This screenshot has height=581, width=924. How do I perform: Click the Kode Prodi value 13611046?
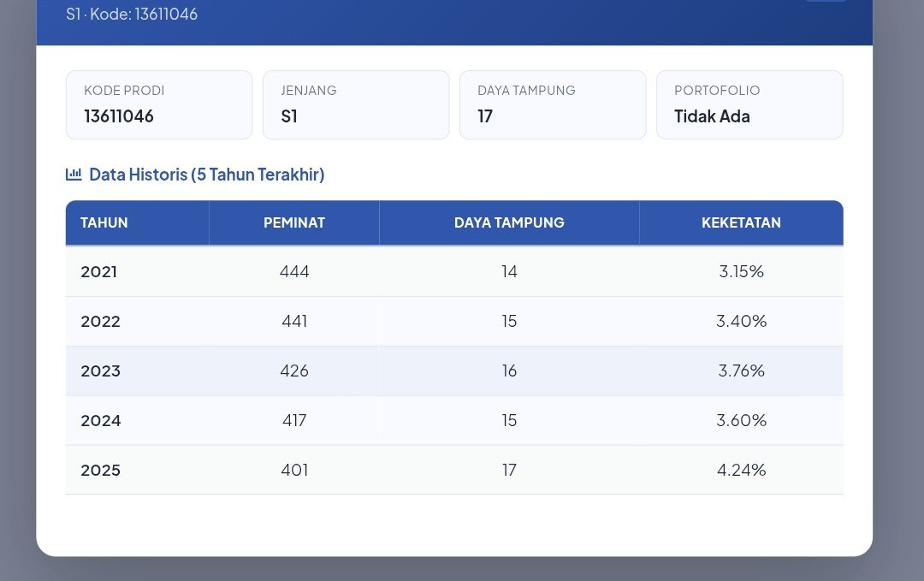(x=118, y=116)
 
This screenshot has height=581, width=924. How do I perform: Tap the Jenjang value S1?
(x=289, y=116)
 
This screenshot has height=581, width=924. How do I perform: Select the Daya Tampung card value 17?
(x=485, y=116)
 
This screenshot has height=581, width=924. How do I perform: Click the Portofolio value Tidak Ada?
(x=712, y=116)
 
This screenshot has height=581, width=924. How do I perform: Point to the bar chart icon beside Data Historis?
(x=74, y=174)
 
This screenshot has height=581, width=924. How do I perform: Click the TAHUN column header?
(x=104, y=222)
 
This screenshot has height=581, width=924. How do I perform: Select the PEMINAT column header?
(x=294, y=222)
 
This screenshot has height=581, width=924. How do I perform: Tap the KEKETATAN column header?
(x=741, y=222)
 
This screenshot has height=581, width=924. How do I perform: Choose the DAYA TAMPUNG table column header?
(x=509, y=222)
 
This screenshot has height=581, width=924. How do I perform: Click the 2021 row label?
(x=99, y=271)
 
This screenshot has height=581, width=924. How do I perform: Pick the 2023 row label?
(x=101, y=371)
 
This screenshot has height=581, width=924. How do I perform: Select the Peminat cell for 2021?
(x=294, y=271)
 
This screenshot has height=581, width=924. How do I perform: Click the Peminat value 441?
(x=294, y=321)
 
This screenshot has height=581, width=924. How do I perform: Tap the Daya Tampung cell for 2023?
(x=509, y=371)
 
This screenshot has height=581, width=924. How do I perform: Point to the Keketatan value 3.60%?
(x=741, y=420)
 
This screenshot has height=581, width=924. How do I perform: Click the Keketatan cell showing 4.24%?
(x=741, y=470)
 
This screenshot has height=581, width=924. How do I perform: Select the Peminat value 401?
(x=294, y=470)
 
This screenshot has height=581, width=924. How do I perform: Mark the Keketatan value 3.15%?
(x=741, y=271)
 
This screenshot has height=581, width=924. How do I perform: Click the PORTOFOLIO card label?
(x=717, y=90)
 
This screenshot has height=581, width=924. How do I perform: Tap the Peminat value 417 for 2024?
(x=294, y=420)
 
